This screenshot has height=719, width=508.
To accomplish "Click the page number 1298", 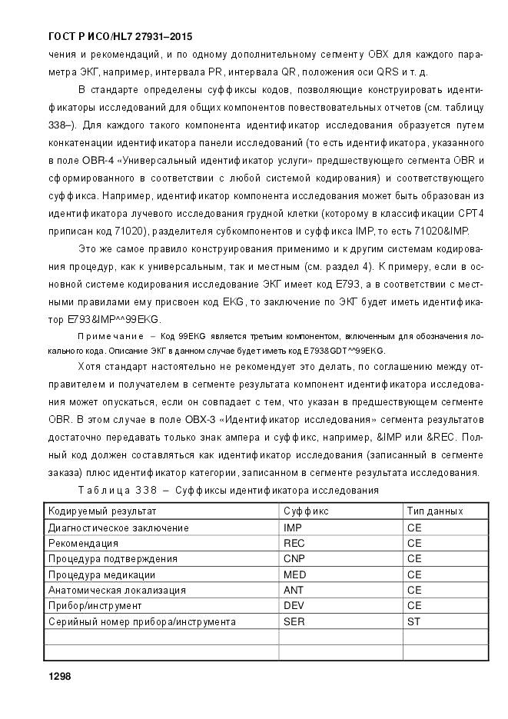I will pyautogui.click(x=59, y=676).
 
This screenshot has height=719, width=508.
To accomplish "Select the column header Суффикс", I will pyautogui.click(x=306, y=511).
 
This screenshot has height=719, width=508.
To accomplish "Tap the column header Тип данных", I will pyautogui.click(x=435, y=511).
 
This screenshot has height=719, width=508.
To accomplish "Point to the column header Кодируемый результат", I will pyautogui.click(x=102, y=511).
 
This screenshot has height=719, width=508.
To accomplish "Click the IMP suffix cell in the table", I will pyautogui.click(x=293, y=528).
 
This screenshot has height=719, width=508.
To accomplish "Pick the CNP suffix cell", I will pyautogui.click(x=294, y=559).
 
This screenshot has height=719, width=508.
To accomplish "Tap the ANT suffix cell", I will pyautogui.click(x=294, y=590).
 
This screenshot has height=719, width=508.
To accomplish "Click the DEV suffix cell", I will pyautogui.click(x=294, y=606).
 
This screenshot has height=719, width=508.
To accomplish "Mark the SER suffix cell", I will pyautogui.click(x=294, y=621).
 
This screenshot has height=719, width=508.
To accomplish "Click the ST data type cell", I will pyautogui.click(x=413, y=621).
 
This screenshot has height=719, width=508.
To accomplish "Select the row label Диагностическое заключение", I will pyautogui.click(x=118, y=528).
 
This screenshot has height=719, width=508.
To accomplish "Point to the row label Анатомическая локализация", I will pyautogui.click(x=117, y=590).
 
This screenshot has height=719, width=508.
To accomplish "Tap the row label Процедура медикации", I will pyautogui.click(x=101, y=574).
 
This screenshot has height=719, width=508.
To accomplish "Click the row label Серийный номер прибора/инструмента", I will pyautogui.click(x=141, y=621).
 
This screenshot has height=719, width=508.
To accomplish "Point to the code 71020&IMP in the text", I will pyautogui.click(x=438, y=231).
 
